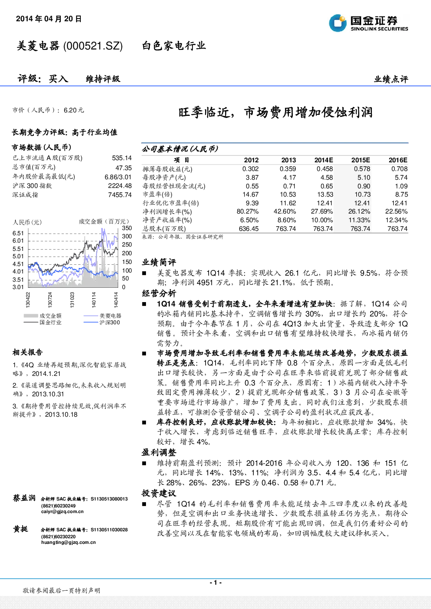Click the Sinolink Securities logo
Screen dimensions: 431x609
(x=368, y=23)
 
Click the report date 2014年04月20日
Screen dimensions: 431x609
(x=49, y=19)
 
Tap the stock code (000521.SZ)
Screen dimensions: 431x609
(x=93, y=46)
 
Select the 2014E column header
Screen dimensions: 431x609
(x=324, y=160)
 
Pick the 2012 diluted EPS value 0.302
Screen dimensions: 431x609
(x=250, y=169)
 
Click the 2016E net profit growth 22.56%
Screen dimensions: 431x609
(x=396, y=211)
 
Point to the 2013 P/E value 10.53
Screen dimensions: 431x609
(x=288, y=194)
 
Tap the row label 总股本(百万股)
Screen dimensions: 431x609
(x=164, y=229)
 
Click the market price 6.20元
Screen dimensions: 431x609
(x=74, y=110)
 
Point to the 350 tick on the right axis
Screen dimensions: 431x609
(x=127, y=228)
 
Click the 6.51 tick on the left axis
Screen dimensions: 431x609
(x=18, y=233)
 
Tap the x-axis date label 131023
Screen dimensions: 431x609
(x=72, y=300)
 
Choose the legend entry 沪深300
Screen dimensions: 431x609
(x=109, y=323)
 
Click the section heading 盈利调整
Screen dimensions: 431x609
(x=159, y=453)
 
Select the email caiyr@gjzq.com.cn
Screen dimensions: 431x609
(x=62, y=511)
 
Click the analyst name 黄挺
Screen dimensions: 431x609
(x=21, y=529)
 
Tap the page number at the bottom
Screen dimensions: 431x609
(x=215, y=583)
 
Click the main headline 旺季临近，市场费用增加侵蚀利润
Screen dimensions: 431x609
(x=275, y=112)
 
